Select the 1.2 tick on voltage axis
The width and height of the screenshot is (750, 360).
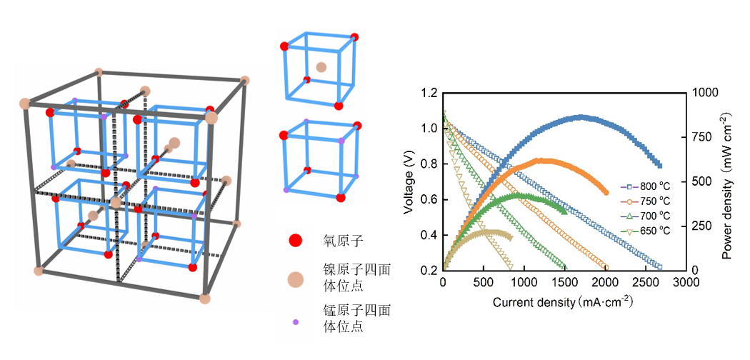[x=428, y=93]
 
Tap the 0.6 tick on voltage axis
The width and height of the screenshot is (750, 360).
[x=428, y=199]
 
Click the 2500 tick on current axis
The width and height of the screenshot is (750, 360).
[x=645, y=282]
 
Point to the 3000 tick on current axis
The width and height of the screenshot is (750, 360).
[x=686, y=282]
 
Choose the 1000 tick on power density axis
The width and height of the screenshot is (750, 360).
[x=704, y=93]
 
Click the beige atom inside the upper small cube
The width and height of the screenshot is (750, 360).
[x=321, y=67]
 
